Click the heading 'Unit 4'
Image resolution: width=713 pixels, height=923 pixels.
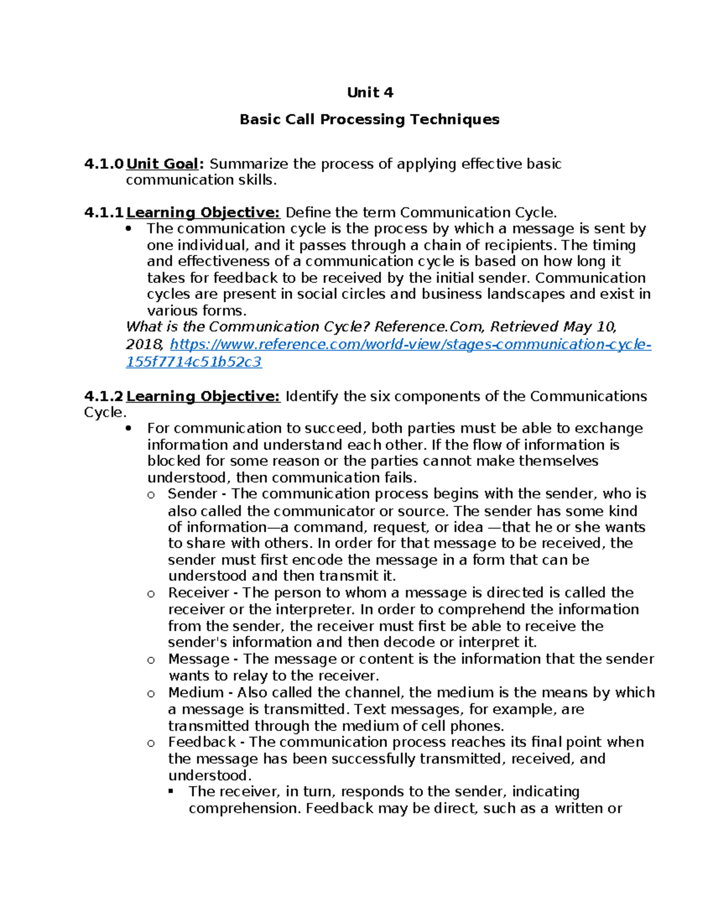coord(370,93)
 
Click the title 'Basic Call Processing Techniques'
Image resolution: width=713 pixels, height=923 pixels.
coord(369,119)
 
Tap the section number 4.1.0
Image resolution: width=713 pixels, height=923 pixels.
coord(104,164)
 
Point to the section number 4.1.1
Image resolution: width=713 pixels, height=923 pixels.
coord(104,213)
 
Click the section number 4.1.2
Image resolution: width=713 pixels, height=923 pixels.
coord(104,396)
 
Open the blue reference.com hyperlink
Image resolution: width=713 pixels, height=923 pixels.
coord(410,345)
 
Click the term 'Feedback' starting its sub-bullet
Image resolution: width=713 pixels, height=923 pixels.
coord(202,742)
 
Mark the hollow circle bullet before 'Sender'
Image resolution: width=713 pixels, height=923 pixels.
coord(151,495)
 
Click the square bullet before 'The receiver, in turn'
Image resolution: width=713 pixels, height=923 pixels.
coord(171,792)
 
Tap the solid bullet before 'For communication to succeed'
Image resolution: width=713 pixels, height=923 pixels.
coord(130,429)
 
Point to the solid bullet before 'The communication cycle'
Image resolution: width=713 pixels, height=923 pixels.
coord(130,229)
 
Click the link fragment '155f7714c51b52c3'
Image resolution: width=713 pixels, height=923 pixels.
coord(194,362)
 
